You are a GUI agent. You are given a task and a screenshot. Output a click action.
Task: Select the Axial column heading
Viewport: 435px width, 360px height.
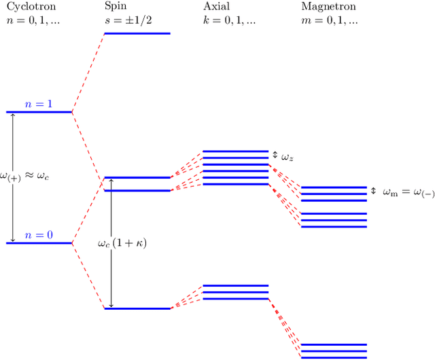(x=215, y=7)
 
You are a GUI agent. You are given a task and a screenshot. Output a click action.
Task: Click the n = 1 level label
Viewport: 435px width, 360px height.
(x=39, y=105)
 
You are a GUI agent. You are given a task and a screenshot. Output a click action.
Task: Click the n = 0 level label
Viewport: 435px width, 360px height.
(x=39, y=236)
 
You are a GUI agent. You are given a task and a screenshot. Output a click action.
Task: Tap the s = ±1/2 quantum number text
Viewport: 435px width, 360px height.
(x=129, y=20)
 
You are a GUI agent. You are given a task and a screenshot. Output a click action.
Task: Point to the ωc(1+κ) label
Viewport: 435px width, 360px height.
(x=122, y=242)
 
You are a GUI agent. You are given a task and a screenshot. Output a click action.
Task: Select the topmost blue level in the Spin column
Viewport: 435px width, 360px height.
(x=137, y=33)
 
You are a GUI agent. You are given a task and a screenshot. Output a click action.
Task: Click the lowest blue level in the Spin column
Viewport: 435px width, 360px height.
(x=137, y=309)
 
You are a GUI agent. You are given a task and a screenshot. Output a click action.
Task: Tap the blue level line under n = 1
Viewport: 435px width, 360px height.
(x=39, y=111)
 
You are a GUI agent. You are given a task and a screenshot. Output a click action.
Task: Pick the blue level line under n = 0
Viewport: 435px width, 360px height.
(x=39, y=242)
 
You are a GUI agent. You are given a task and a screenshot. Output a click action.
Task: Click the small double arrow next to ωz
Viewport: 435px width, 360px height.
(x=275, y=156)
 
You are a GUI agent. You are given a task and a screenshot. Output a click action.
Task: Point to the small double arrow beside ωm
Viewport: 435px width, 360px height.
(x=373, y=191)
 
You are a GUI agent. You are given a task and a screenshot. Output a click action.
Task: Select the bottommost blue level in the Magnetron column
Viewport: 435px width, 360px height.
(x=334, y=357)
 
